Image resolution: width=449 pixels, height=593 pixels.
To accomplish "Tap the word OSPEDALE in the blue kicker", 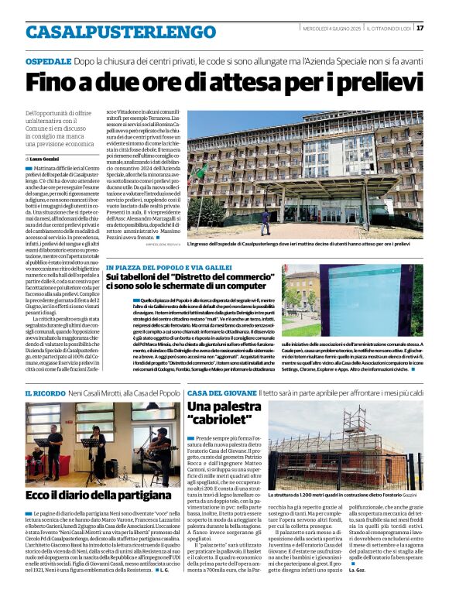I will (x=49, y=60).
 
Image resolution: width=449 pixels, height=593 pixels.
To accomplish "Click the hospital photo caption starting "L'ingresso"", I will (x=310, y=244).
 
